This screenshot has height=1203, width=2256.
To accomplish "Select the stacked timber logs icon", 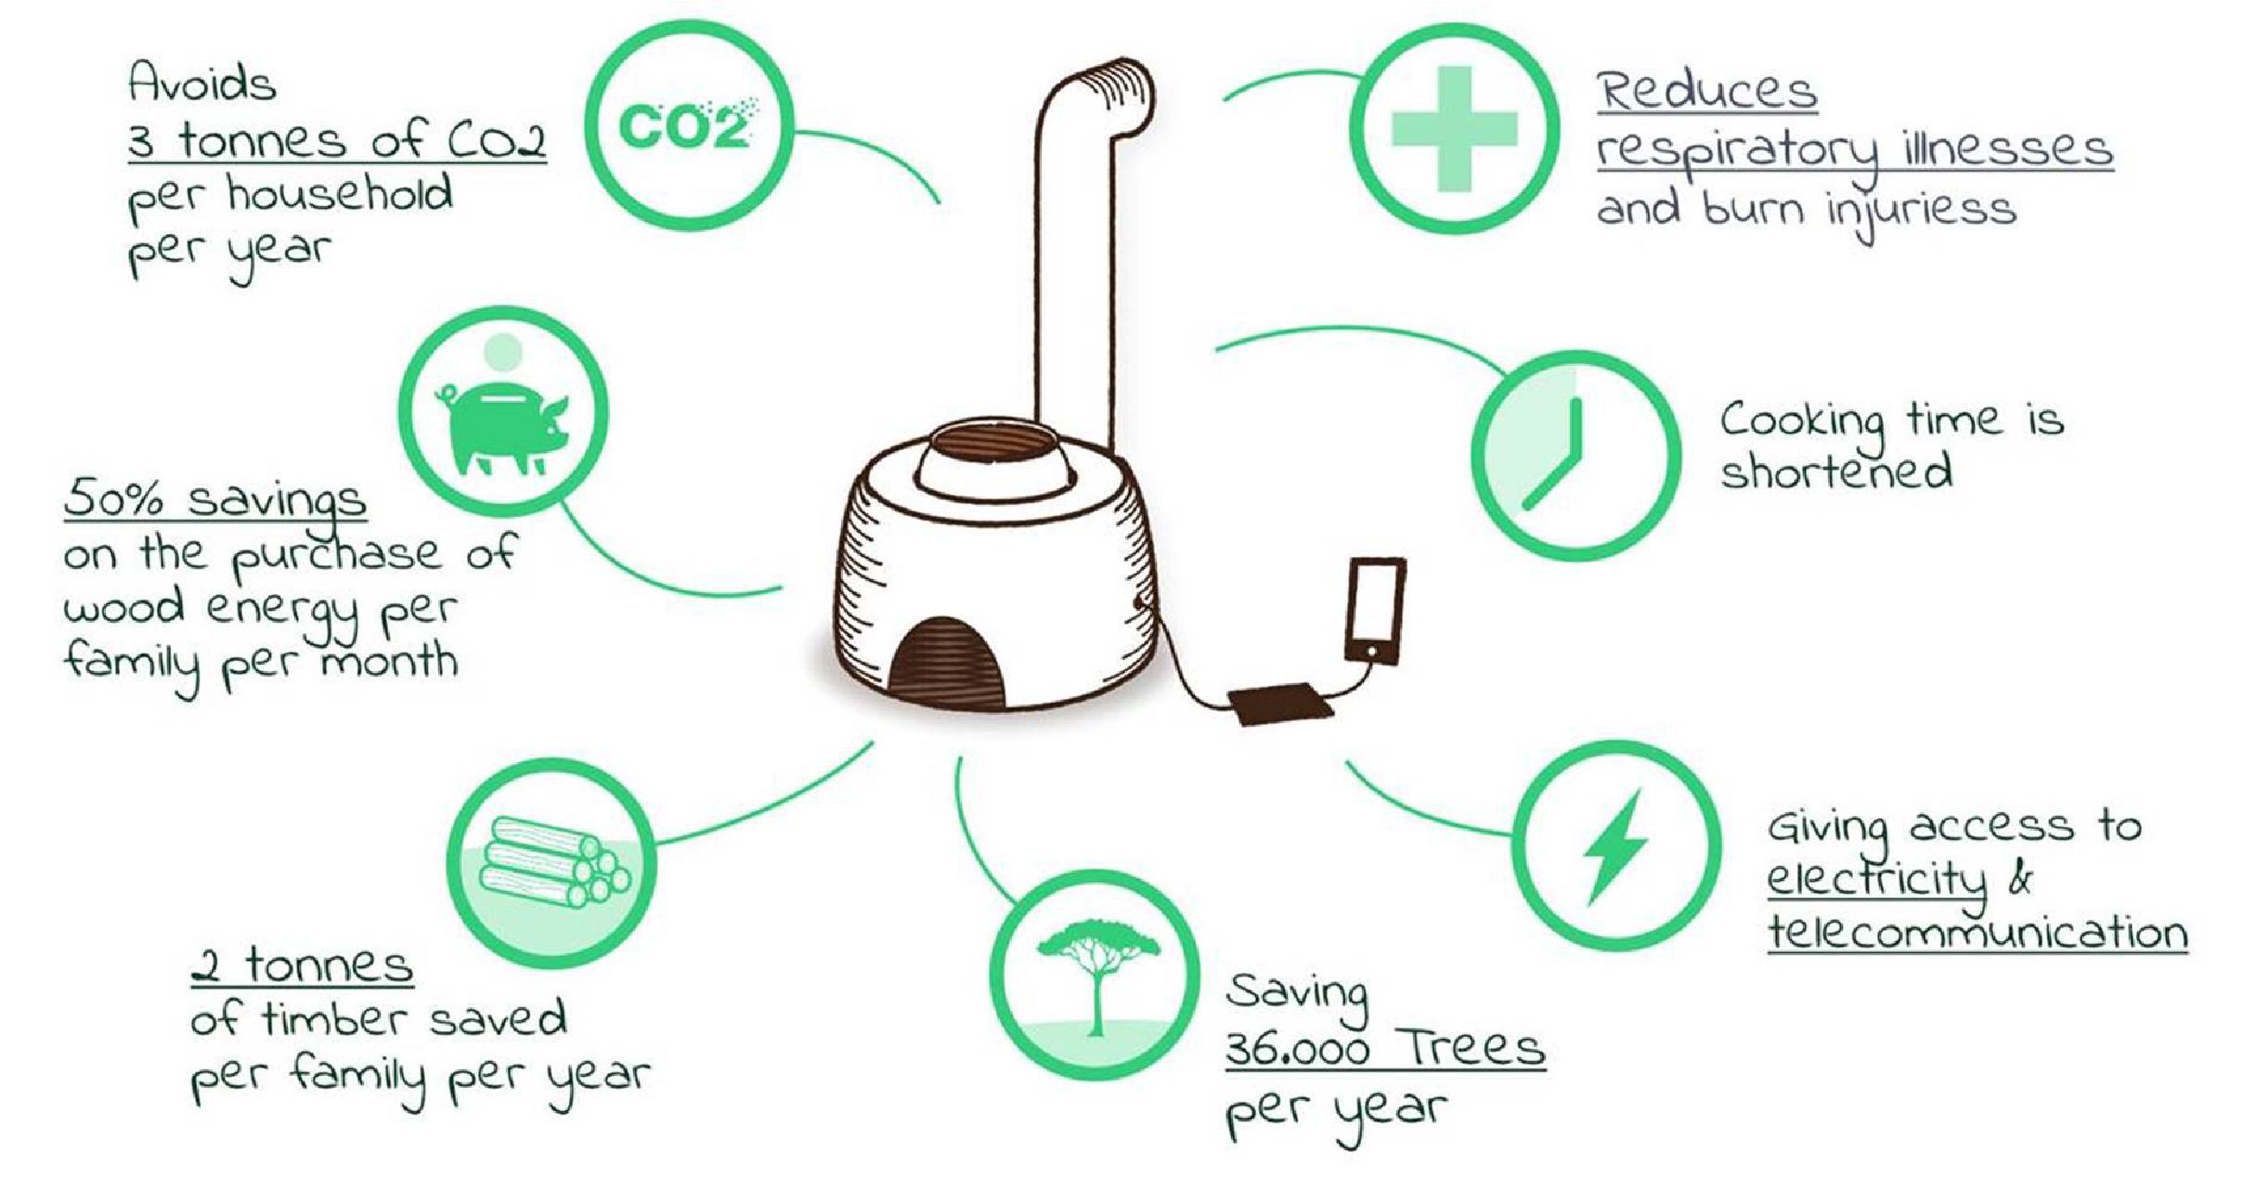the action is tap(555, 862).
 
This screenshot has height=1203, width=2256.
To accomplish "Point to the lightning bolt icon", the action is tap(1616, 846).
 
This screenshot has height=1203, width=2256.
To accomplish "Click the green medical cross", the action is tap(1455, 129).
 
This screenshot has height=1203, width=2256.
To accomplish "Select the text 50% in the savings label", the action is tap(114, 499).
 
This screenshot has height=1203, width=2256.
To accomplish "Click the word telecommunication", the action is tap(1977, 931).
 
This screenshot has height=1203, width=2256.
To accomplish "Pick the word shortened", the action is tap(1835, 471).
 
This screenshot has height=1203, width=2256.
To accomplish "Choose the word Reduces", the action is tap(1706, 90).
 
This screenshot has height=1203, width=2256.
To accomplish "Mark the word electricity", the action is tap(1875, 879).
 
